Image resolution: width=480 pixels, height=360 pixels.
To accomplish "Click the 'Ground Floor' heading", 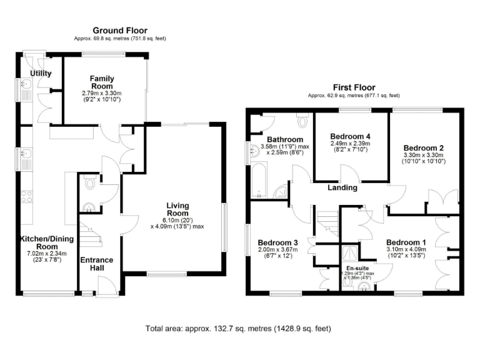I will (119, 30).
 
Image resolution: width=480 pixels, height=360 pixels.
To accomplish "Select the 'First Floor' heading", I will (353, 87).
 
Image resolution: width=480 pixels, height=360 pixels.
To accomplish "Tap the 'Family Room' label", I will (101, 82).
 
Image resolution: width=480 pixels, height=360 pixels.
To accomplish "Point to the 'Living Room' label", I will (177, 209).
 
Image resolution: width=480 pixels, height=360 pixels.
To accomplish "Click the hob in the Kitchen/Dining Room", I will (27, 197).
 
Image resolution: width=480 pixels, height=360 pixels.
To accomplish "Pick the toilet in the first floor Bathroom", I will (302, 119).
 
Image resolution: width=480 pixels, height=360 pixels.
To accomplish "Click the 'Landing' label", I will (342, 187).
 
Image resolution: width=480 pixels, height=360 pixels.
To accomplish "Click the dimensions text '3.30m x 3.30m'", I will (422, 154).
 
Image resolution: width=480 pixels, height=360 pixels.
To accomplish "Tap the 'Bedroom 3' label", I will (277, 243).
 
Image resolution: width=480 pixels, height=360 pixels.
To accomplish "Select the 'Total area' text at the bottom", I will (238, 328).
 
